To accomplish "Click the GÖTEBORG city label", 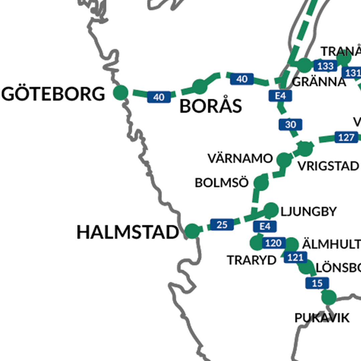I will coord(53,94).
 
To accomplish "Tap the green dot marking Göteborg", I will coord(121,93).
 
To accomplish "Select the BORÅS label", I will coord(211,107).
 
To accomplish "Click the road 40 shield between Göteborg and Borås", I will coord(159,97).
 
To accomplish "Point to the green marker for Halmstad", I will coord(192,231).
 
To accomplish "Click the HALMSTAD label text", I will coord(128,232).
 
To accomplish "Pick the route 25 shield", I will coord(222,225).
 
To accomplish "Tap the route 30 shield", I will coord(290,125).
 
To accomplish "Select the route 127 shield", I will coord(346,137).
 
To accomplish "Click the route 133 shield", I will coord(326,66).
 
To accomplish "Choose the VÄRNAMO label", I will coord(240,159).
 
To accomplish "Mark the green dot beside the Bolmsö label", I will coord(261,183).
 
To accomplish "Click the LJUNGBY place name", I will coord(309,212).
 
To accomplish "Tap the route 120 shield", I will coord(274,243).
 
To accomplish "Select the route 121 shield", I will coord(295,257).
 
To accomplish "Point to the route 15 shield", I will coord(317,283).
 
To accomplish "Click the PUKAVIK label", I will coord(322,318).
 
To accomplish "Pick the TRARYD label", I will coord(252,260).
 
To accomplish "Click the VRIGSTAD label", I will coord(328,166).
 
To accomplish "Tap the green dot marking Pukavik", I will coord(329,297).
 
